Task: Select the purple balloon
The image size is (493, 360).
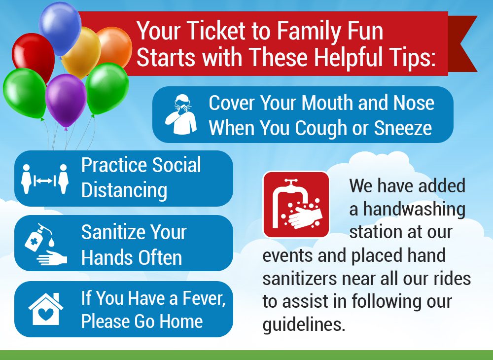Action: tap(66, 101)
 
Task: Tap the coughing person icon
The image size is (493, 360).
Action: tap(181, 114)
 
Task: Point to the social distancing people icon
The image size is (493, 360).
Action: tap(45, 179)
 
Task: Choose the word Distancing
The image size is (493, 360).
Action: tap(124, 190)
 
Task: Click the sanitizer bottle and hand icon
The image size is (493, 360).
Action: tap(45, 244)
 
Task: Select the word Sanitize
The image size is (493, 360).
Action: tap(113, 232)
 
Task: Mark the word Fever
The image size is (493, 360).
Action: tap(204, 298)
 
